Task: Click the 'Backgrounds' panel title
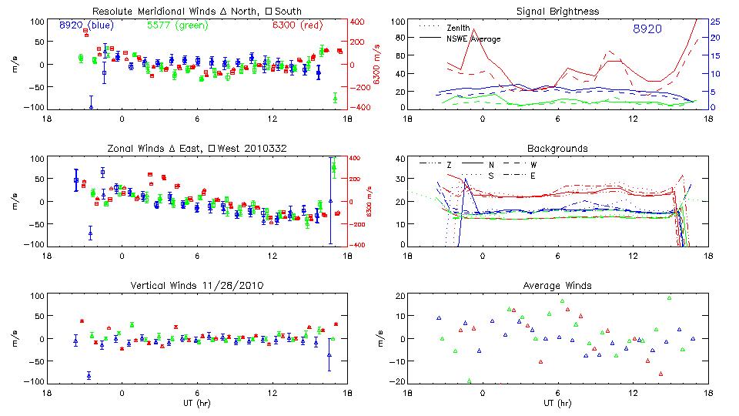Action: [x=558, y=148]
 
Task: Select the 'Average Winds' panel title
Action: [x=558, y=286]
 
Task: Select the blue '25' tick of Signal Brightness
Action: [x=714, y=22]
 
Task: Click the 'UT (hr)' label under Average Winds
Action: [x=557, y=403]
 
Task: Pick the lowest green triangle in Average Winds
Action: [x=469, y=381]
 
